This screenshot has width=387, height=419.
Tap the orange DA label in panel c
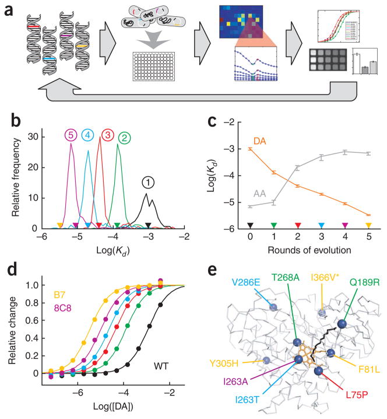pos(259,141)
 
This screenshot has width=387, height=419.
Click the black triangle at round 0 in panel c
pos(249,225)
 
